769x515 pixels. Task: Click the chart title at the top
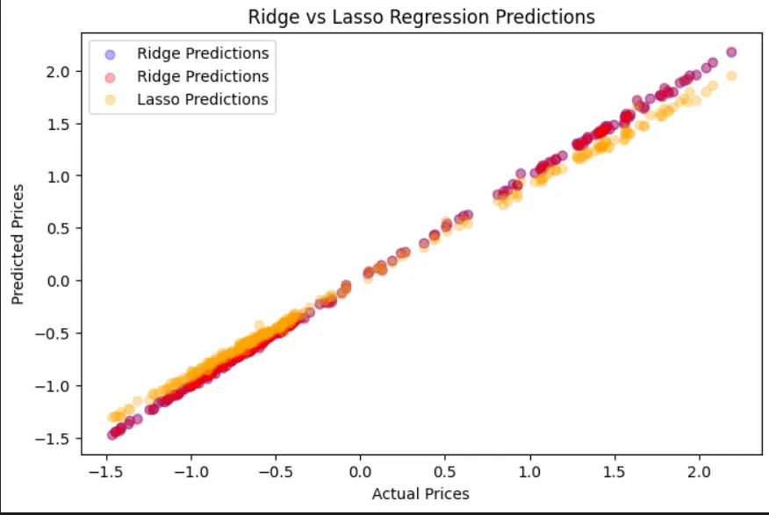tap(421, 17)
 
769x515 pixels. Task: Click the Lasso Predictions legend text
tap(202, 99)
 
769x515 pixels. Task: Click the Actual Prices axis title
tap(420, 494)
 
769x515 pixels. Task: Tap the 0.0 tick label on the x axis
tap(360, 471)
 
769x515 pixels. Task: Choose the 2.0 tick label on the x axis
tap(700, 471)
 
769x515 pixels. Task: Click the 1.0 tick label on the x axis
tap(529, 471)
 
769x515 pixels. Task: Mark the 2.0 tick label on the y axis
tap(60, 71)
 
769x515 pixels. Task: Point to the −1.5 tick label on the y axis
tap(55, 438)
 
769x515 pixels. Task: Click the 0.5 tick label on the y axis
tap(60, 228)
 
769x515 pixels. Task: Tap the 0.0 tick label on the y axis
tap(60, 281)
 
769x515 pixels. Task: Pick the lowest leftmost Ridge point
tap(112, 434)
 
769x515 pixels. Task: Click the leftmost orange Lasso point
tap(112, 417)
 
